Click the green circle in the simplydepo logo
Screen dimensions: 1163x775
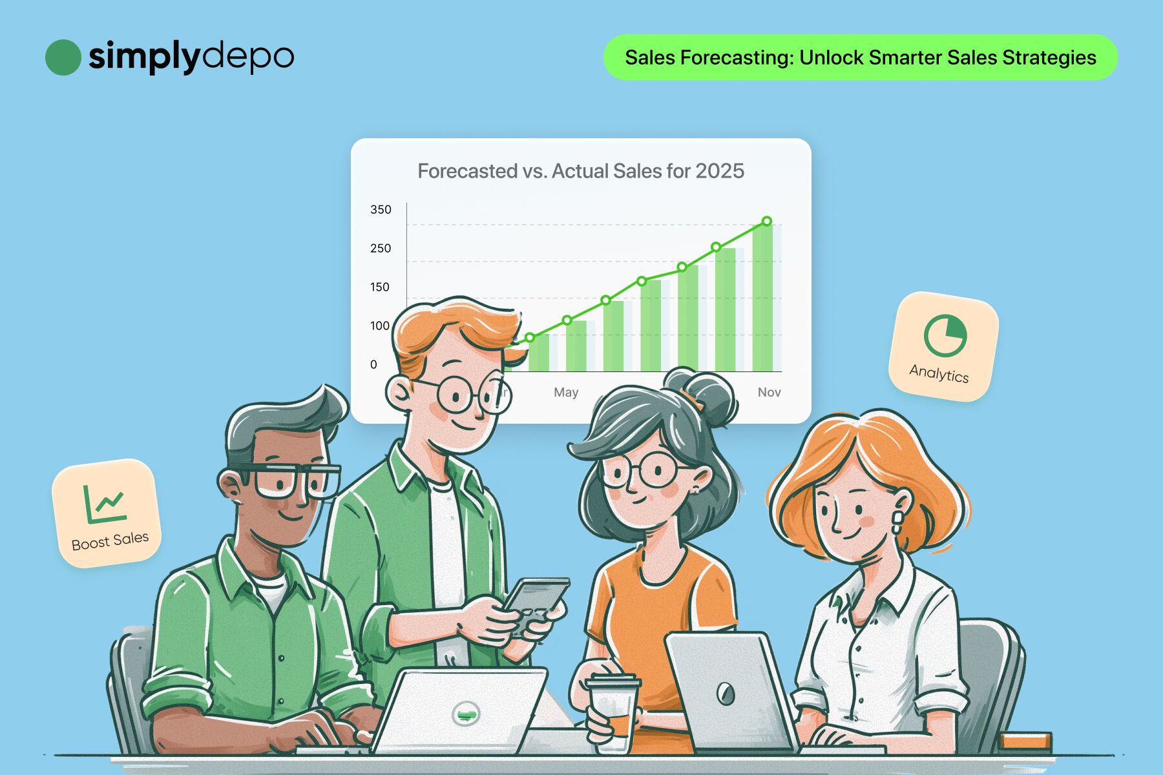pos(63,57)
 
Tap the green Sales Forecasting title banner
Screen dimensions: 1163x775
pos(861,57)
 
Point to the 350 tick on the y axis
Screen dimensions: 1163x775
pos(381,209)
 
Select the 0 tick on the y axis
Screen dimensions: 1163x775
pos(373,364)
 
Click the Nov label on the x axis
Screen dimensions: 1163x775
pos(769,392)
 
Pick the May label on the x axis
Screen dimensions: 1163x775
pos(566,392)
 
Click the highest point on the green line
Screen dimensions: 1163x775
pos(767,221)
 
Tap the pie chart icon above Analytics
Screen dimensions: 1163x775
pos(945,335)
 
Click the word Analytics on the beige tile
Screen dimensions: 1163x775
pos(939,373)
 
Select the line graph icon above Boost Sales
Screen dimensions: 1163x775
pos(103,504)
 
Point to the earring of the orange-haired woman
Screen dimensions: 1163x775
pos(896,522)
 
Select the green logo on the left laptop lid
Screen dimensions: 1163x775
pos(465,714)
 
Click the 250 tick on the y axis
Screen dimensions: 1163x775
pos(381,248)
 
